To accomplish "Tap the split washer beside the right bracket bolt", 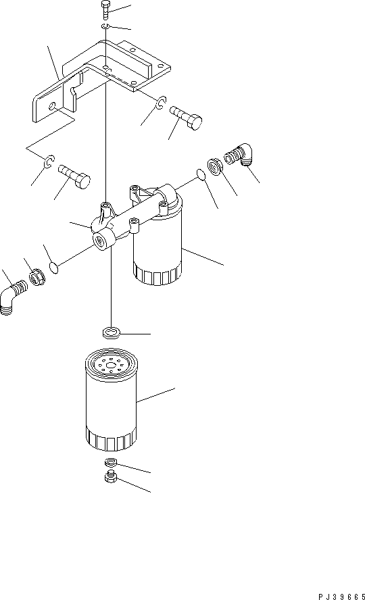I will (160, 103).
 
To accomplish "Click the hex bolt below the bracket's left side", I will (74, 175).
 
